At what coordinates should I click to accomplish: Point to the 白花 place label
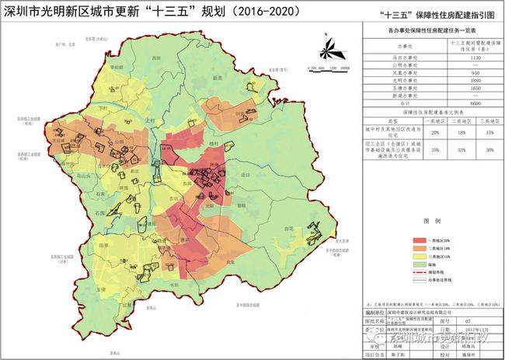pos(288,229)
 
